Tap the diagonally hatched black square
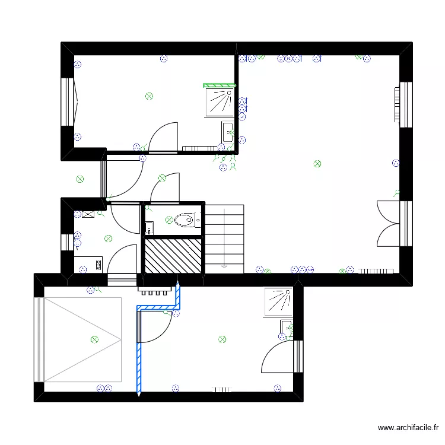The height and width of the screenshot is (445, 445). tap(174, 255)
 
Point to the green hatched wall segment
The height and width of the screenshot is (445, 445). tap(220, 85)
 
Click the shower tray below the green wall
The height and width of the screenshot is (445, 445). tap(220, 102)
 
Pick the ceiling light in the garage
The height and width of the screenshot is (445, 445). tap(94, 339)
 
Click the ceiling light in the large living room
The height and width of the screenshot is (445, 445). tap(317, 163)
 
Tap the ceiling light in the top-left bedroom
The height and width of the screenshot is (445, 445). tap(150, 96)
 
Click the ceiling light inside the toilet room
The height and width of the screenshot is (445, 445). tap(169, 219)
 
